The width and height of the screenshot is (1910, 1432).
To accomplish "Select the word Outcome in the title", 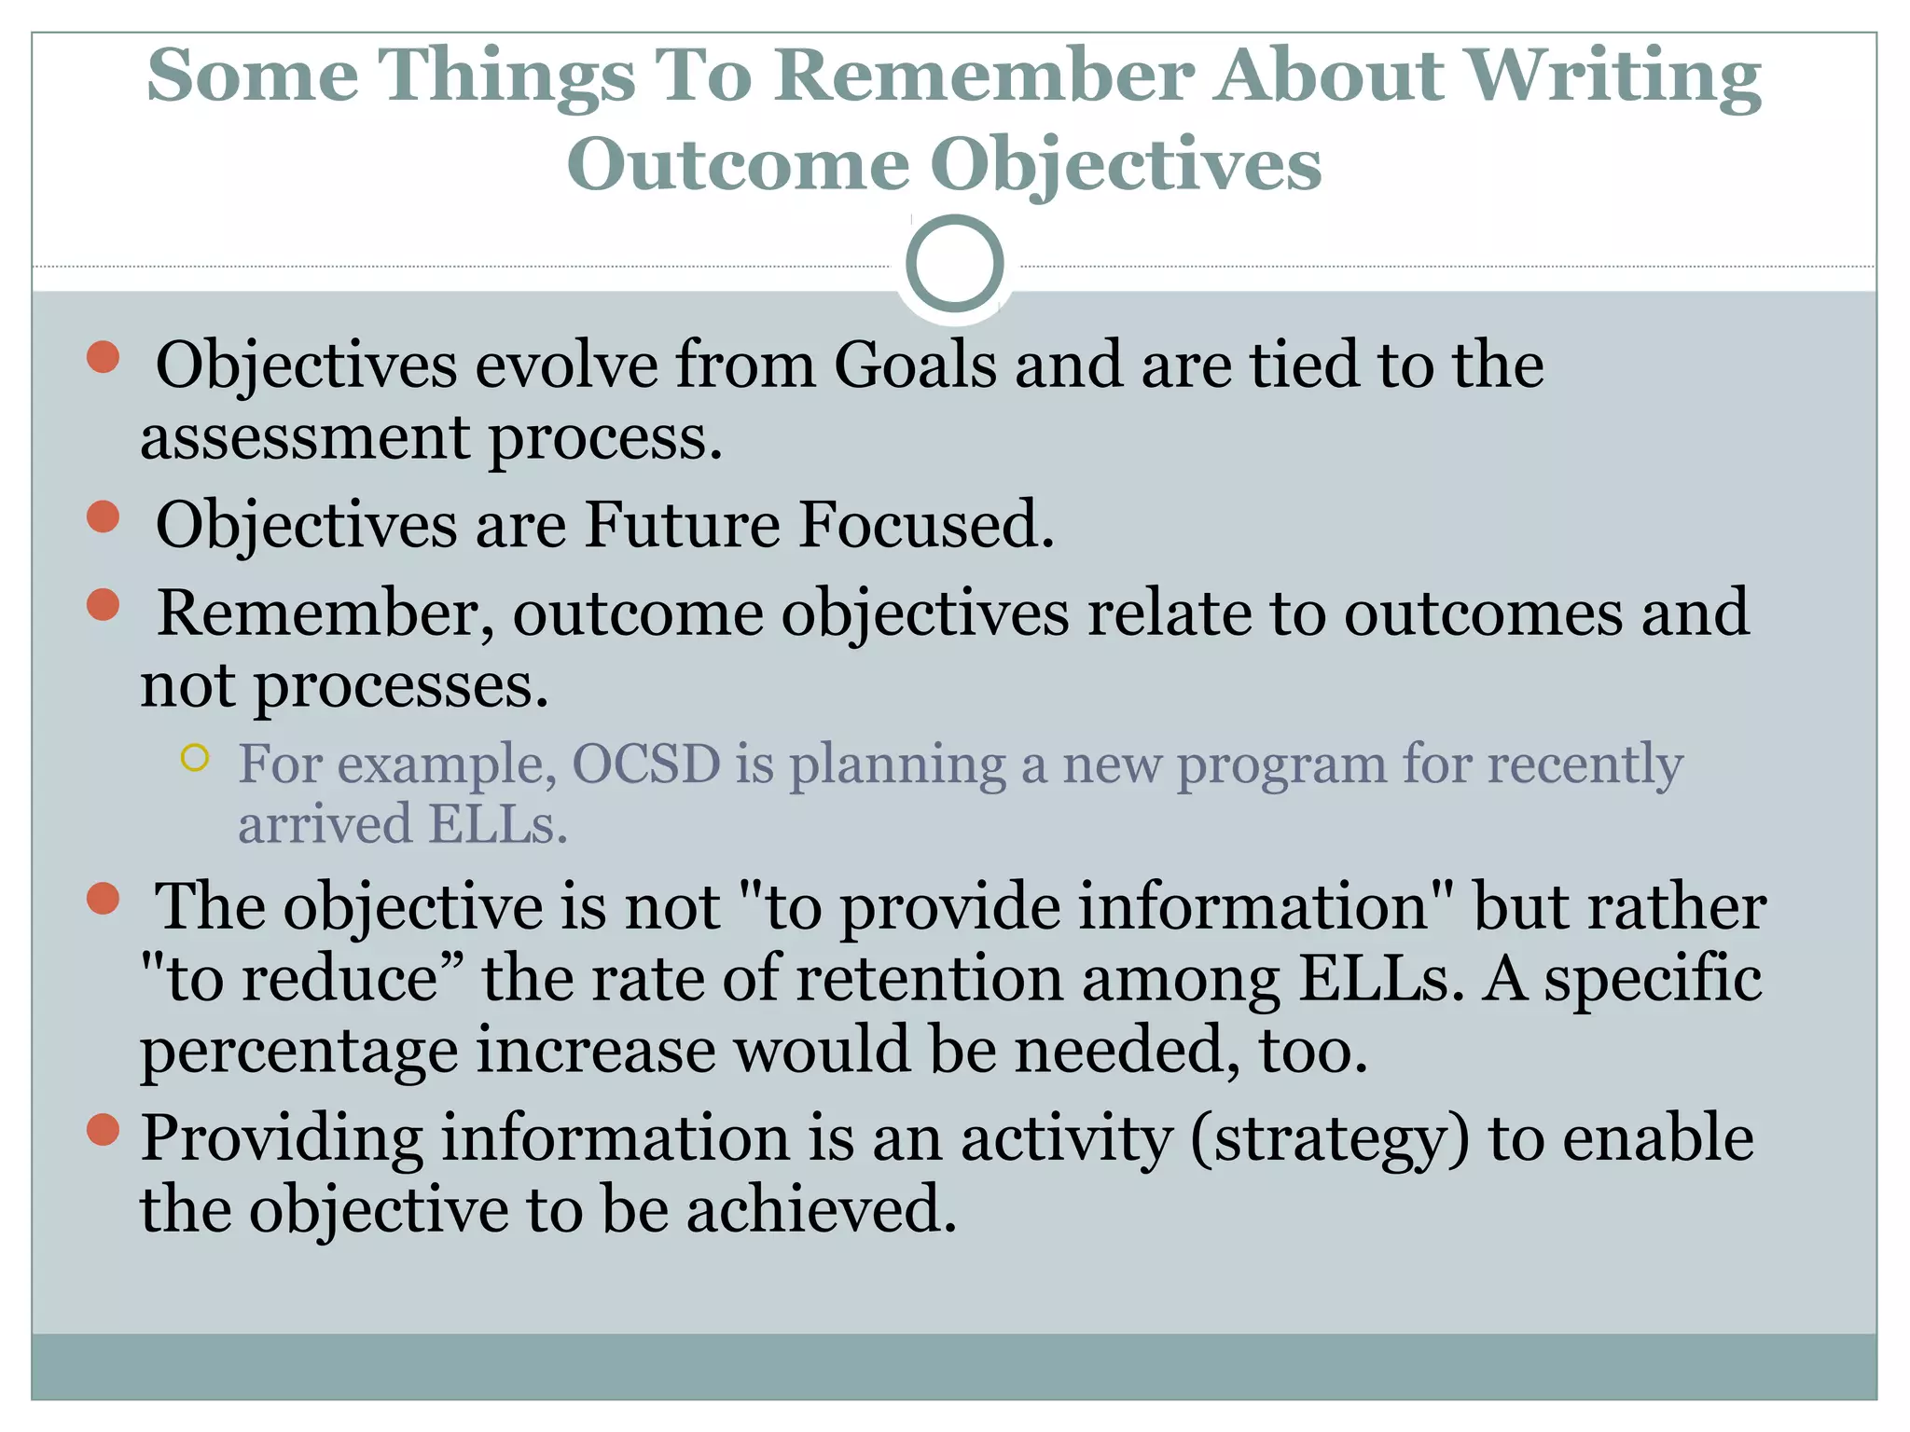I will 737,164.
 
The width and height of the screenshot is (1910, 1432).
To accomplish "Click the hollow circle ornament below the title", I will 954,264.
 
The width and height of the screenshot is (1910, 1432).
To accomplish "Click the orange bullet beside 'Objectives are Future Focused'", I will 103,516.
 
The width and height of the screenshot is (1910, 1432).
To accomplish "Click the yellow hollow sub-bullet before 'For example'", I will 194,758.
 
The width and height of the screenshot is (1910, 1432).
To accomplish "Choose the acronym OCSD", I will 645,764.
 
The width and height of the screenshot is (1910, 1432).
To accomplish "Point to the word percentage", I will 298,1051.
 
